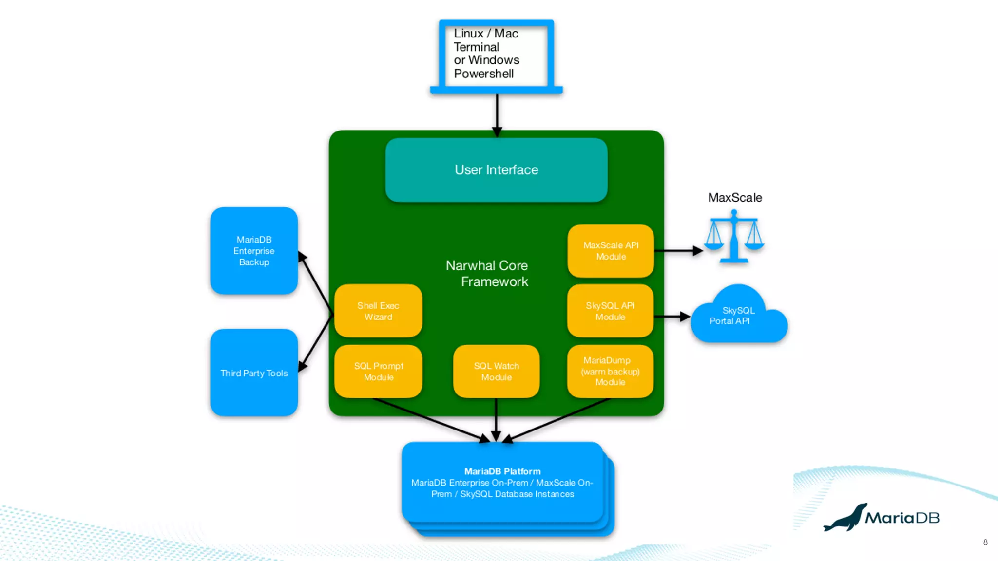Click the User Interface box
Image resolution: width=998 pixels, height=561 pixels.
[496, 170]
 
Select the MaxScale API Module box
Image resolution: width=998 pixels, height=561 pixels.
[611, 251]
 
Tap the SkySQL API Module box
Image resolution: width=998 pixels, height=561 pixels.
[610, 311]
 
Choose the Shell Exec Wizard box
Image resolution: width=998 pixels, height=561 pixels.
[378, 311]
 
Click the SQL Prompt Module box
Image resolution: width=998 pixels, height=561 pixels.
[378, 372]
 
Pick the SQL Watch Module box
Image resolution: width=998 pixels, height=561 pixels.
[496, 372]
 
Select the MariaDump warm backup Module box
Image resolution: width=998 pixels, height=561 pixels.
[610, 372]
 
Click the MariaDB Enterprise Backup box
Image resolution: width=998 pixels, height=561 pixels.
[254, 251]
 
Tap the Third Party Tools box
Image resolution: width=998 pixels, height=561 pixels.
[254, 373]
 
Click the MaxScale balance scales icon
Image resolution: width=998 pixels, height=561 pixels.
[734, 237]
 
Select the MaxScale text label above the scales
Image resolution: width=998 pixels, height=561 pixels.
[735, 198]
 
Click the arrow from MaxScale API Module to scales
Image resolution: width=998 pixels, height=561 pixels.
[677, 251]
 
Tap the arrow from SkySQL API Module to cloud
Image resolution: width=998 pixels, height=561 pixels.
[672, 317]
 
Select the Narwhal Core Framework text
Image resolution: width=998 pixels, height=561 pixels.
[487, 273]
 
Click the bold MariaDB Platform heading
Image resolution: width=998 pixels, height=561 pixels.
[502, 471]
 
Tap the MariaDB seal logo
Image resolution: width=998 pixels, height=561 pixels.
[846, 518]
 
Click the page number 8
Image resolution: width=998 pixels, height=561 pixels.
[985, 542]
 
